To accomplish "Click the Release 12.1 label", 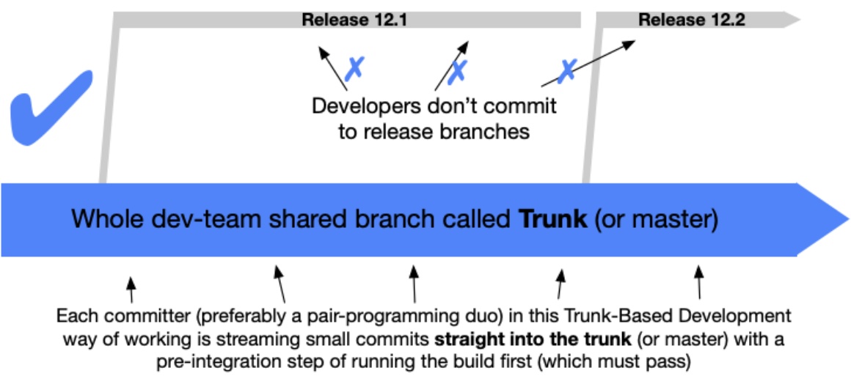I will tap(354, 20).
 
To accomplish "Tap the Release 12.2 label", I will tap(691, 20).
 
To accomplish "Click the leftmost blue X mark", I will tap(355, 68).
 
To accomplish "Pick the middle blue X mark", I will tap(459, 70).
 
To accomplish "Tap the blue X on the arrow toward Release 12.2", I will tap(566, 70).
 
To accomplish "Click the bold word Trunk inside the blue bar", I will tap(553, 220).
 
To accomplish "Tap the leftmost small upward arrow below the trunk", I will tap(131, 287).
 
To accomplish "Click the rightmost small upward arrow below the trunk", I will tap(698, 281).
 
